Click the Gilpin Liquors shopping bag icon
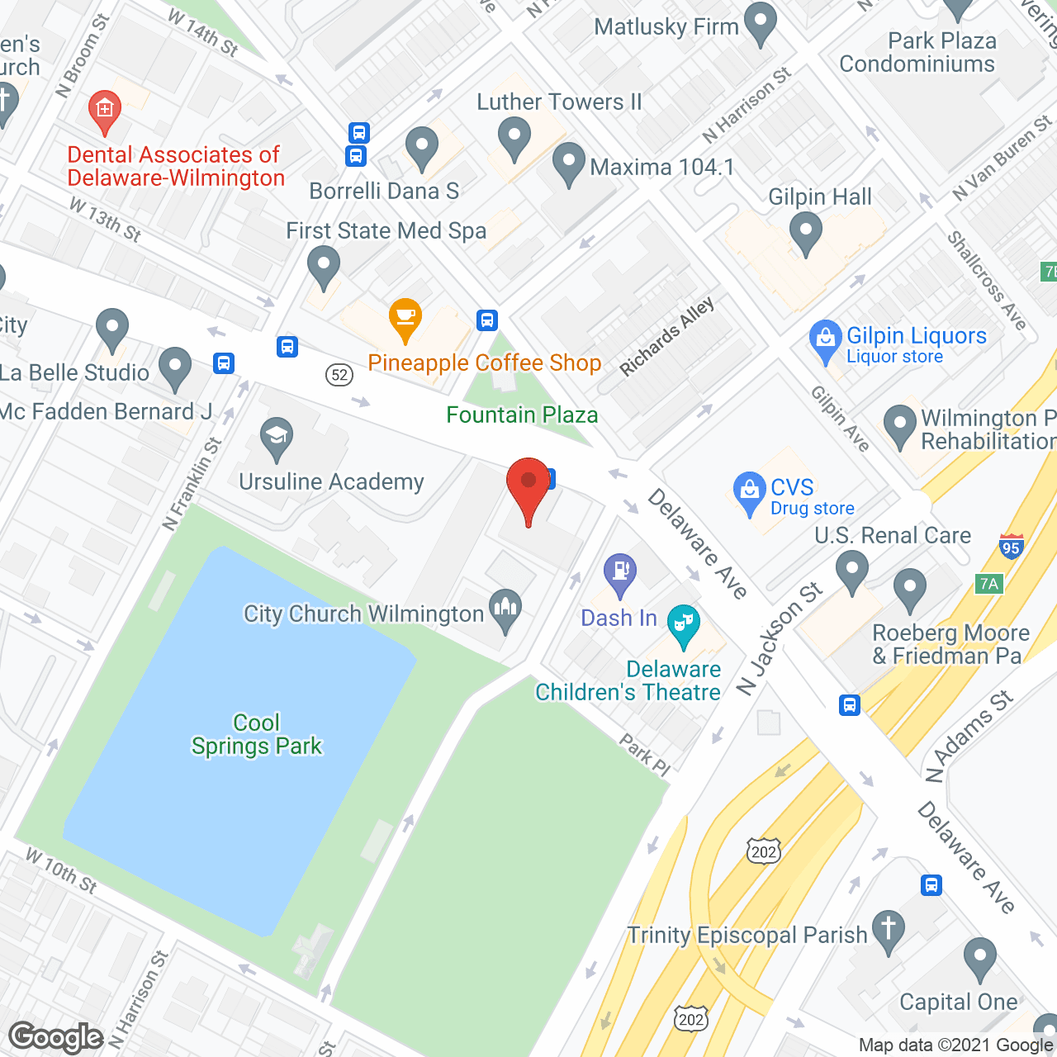[825, 339]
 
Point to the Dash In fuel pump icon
[619, 572]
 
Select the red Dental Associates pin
[104, 111]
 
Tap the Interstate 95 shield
[1011, 546]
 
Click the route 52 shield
[339, 375]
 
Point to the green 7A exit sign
[988, 584]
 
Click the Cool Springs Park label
[256, 734]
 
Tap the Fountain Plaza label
[522, 415]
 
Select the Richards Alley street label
[667, 337]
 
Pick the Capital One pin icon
[980, 959]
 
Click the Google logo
[56, 1037]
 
